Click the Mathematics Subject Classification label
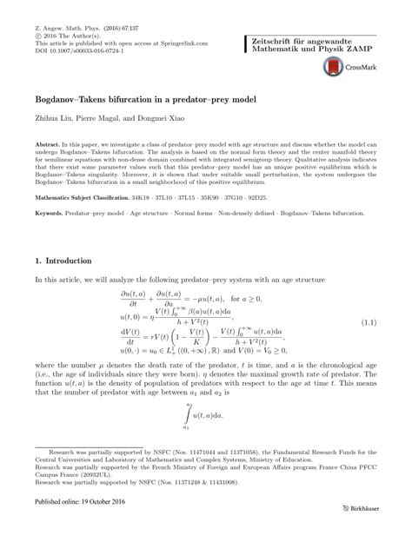[x=91, y=197]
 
